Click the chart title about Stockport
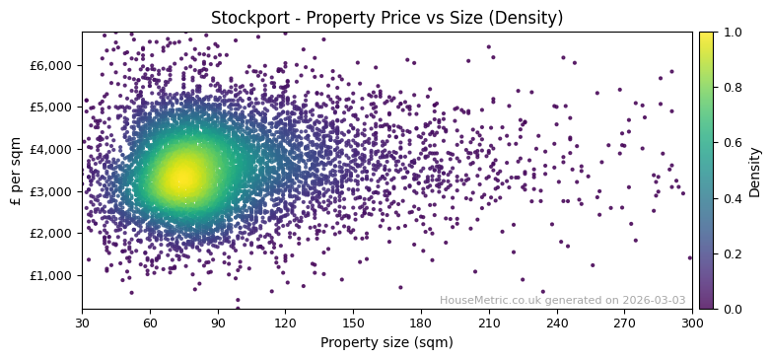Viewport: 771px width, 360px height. point(386,18)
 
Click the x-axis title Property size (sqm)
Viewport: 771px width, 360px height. point(386,342)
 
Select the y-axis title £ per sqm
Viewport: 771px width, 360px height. point(16,171)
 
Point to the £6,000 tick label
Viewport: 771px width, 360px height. point(51,65)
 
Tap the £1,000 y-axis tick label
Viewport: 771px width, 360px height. point(51,275)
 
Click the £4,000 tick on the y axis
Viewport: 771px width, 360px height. point(51,149)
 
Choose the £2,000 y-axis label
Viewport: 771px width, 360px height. point(51,233)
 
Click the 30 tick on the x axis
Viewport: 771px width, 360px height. point(82,323)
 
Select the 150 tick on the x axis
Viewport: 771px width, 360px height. point(353,323)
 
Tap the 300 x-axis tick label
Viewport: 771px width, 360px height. point(692,323)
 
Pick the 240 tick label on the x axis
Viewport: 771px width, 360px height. point(557,323)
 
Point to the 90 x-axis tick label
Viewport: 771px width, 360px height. point(218,323)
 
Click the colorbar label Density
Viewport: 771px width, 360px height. point(755,171)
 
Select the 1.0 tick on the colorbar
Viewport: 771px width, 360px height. point(732,33)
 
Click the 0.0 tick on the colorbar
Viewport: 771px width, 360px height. point(732,309)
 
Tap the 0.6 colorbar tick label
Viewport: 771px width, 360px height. point(732,143)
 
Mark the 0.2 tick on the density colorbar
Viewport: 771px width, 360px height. point(732,253)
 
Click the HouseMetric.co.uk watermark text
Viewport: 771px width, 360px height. point(562,300)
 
